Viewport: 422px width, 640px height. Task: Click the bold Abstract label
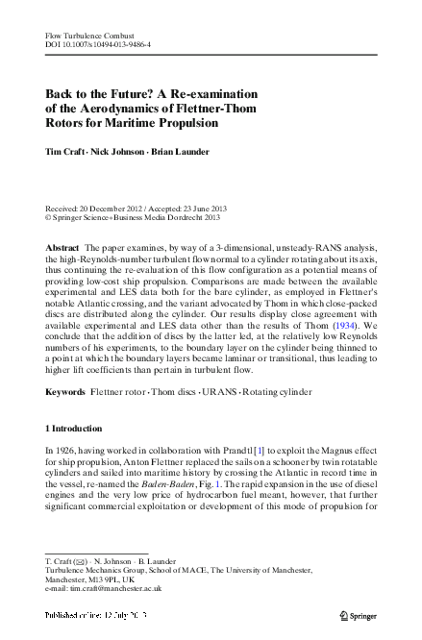coord(62,248)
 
